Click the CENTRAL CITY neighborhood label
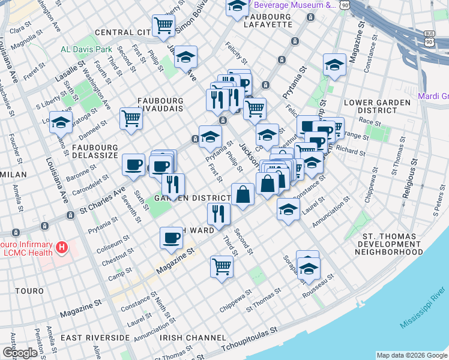point(122,32)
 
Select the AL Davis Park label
point(86,49)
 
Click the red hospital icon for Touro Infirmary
point(60,247)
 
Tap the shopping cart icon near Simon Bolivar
point(163,26)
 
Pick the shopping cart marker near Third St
point(221,266)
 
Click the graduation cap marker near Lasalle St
point(61,122)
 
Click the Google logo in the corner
point(20,352)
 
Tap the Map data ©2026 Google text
point(411,355)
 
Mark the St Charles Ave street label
point(103,201)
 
